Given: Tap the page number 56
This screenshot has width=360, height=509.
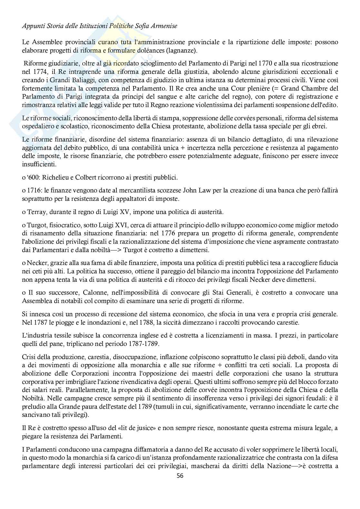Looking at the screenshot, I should [x=180, y=475].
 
